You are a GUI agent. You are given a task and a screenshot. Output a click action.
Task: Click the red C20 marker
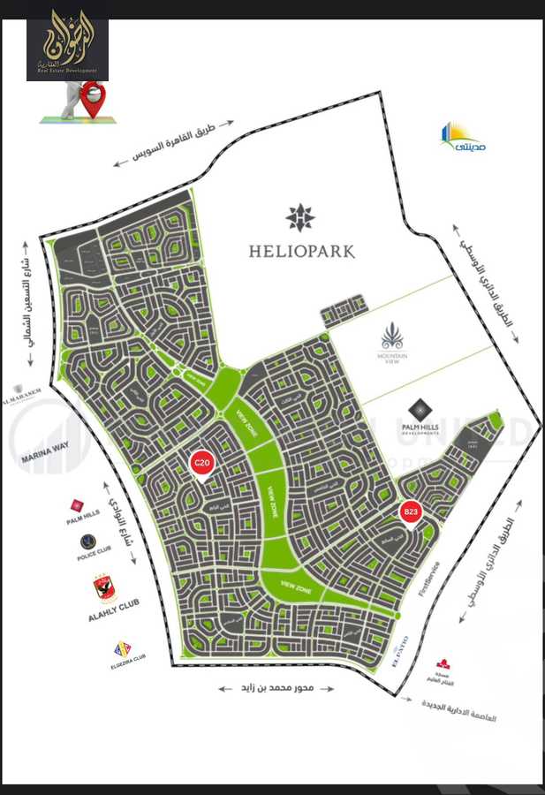202,464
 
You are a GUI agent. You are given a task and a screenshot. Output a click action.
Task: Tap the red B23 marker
411,512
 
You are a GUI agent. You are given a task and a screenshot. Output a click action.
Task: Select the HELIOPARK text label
302,252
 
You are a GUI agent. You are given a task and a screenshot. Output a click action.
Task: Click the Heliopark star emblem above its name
301,216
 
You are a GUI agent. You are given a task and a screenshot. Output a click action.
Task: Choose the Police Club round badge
87,541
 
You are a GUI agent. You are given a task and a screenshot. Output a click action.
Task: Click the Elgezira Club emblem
123,649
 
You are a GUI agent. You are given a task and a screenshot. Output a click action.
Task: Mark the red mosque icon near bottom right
443,663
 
